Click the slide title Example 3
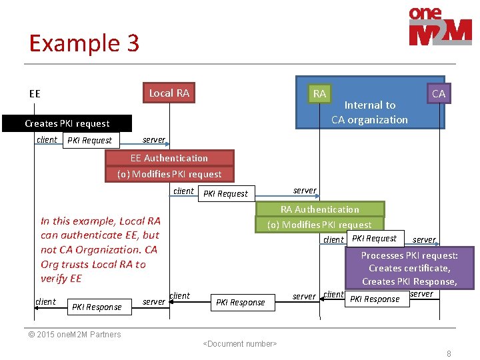point(84,43)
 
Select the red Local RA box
point(169,93)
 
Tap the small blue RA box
point(319,94)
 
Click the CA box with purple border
point(439,93)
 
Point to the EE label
point(35,94)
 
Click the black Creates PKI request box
point(67,123)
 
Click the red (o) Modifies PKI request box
point(169,174)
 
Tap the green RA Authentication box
point(319,209)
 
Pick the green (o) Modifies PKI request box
point(319,225)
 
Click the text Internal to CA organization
point(370,112)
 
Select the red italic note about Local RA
point(100,249)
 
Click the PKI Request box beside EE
point(91,141)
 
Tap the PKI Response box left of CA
point(375,299)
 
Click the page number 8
point(449,354)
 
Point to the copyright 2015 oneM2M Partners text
point(75,335)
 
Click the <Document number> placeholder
point(239,344)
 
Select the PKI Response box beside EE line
point(97,307)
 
